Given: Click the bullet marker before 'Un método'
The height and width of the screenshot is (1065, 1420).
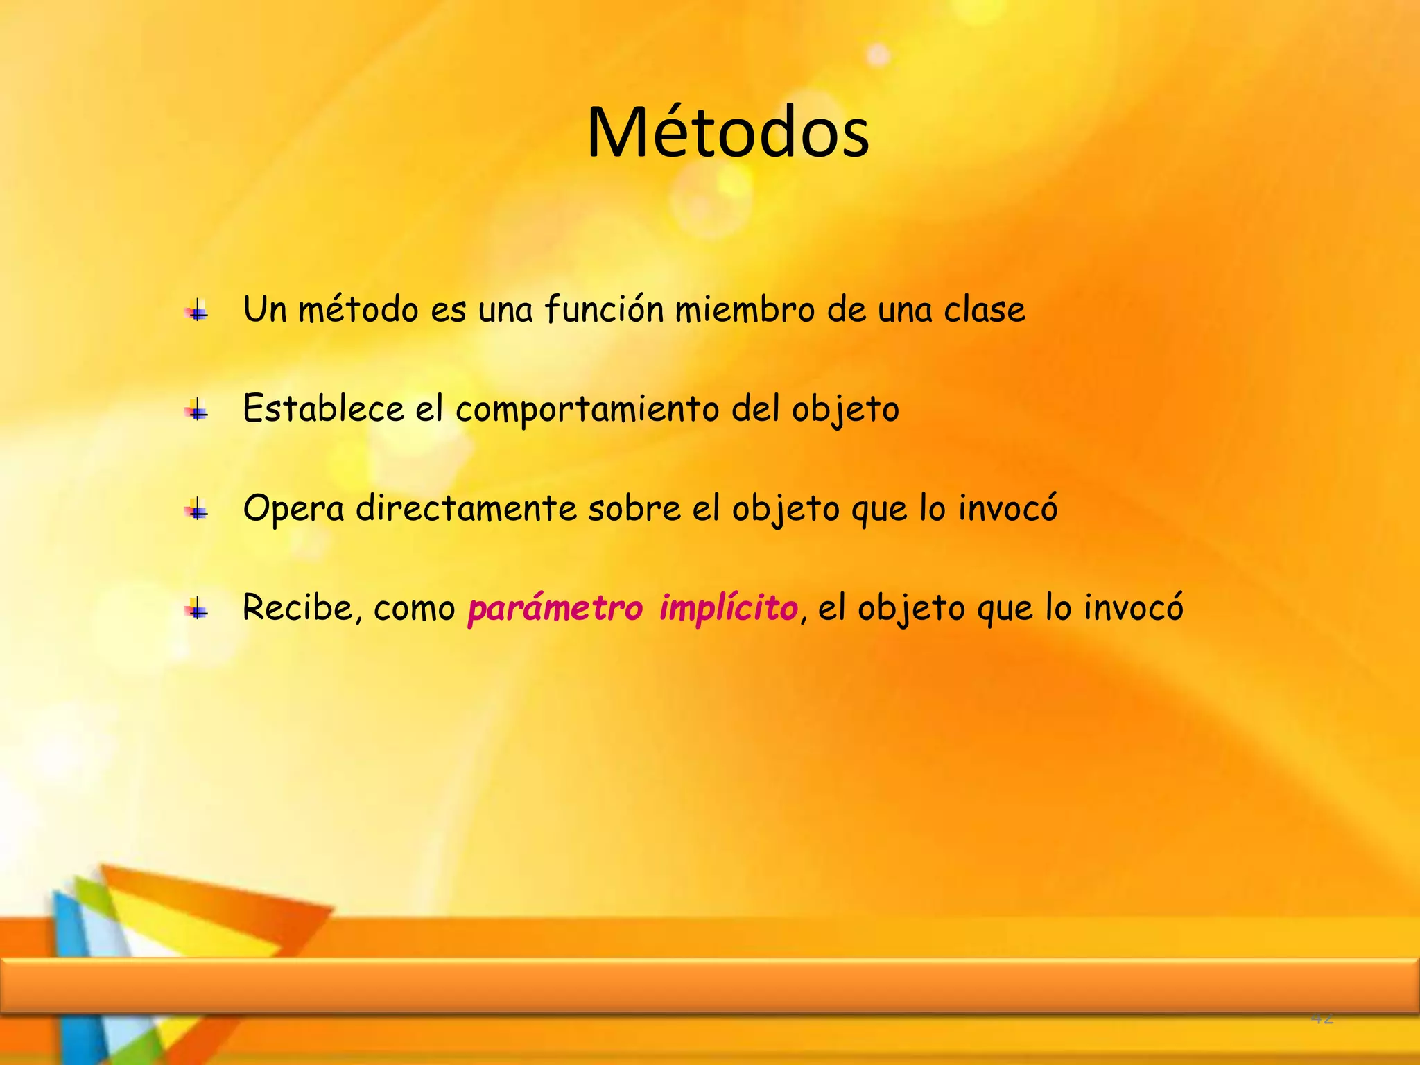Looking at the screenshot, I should (x=198, y=311).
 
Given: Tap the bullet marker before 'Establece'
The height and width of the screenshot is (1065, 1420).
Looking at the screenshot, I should (x=198, y=410).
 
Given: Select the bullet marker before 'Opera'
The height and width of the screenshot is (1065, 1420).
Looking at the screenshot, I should (x=198, y=510).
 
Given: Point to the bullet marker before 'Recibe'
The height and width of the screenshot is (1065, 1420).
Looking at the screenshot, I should (x=198, y=609).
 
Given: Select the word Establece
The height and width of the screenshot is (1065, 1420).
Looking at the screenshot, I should (x=323, y=408).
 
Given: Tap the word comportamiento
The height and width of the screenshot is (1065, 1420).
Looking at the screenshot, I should (x=587, y=410).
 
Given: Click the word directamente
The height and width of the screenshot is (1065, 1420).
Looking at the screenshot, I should (x=466, y=508).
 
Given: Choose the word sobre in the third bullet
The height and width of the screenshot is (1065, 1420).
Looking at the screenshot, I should (x=634, y=508).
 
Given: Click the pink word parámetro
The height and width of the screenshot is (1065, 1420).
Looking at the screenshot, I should (x=555, y=609).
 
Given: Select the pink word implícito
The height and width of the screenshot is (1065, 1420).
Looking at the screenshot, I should (x=728, y=609).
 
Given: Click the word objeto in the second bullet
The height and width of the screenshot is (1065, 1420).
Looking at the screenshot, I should (x=845, y=410).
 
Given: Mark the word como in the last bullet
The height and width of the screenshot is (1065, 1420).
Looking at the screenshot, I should (x=414, y=609).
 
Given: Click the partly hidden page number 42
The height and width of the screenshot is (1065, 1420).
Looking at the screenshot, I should (x=1322, y=1018).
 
